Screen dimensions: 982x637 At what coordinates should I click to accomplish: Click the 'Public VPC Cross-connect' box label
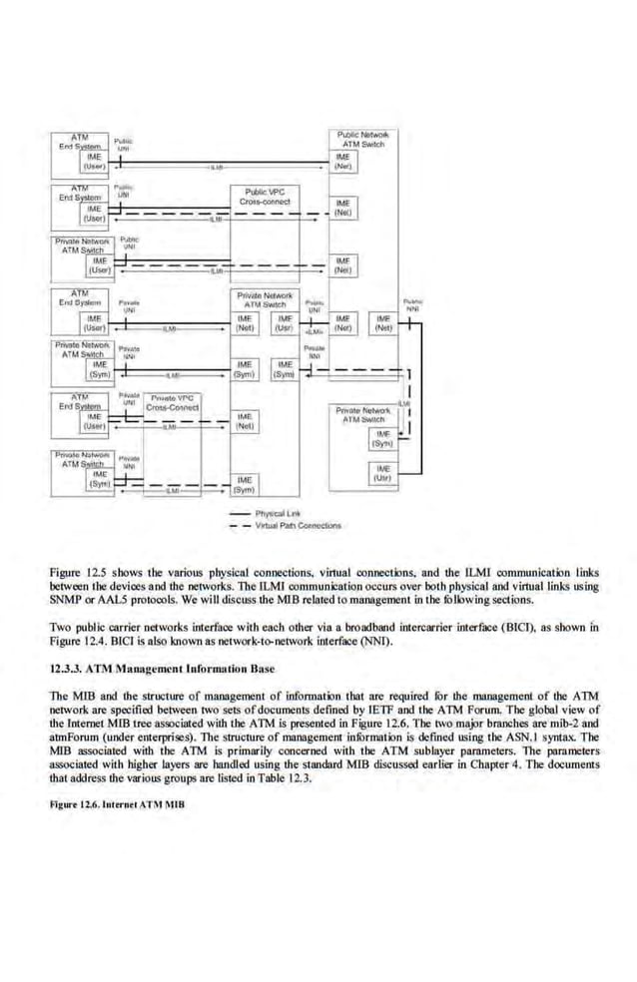click(265, 196)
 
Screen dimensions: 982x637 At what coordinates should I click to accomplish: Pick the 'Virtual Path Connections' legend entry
click(297, 525)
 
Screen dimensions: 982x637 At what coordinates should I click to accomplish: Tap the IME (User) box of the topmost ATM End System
click(93, 162)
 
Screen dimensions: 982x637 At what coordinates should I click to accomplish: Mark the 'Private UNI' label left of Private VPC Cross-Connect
click(128, 398)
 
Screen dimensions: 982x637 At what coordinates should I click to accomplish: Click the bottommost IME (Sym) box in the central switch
click(245, 485)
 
